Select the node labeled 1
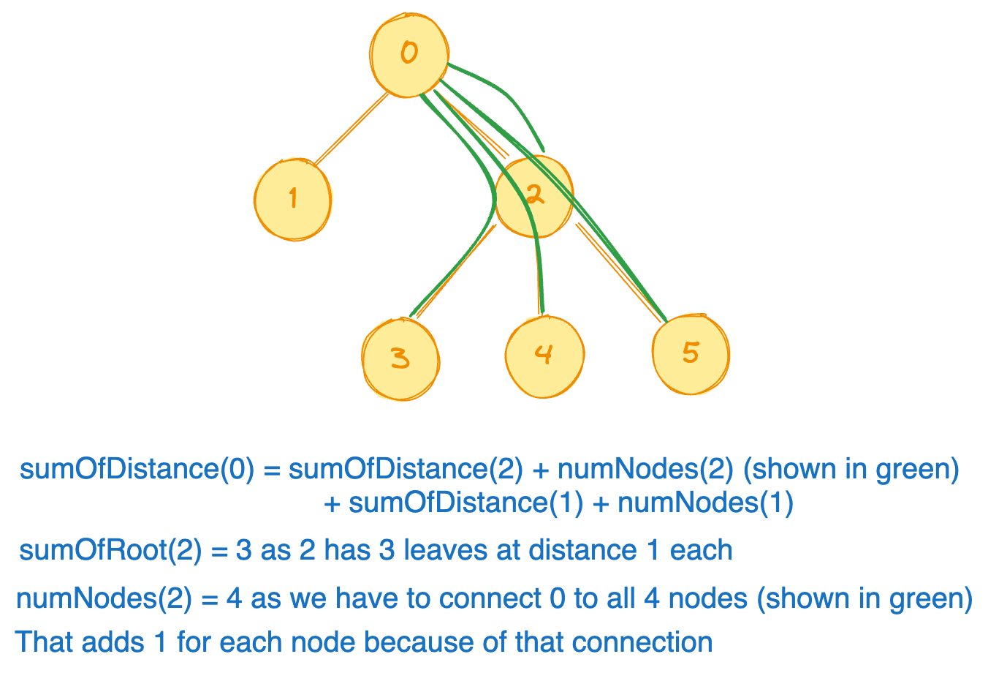point(293,198)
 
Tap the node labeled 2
point(533,196)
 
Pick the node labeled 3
point(400,358)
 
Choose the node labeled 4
point(544,356)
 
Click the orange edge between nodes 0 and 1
point(351,129)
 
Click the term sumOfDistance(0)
point(137,469)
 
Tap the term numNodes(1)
point(705,503)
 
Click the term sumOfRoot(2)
point(110,549)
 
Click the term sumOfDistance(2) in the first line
point(406,469)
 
